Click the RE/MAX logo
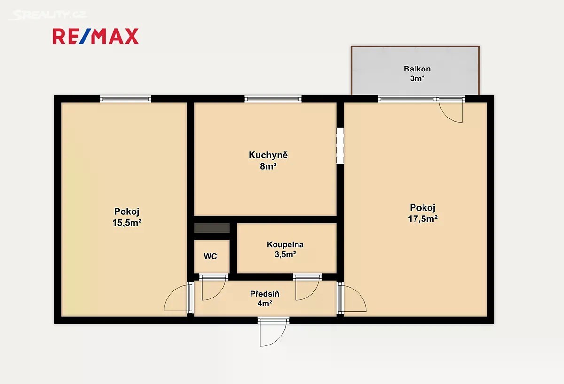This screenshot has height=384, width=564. (x=95, y=36)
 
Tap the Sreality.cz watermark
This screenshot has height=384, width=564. (x=48, y=15)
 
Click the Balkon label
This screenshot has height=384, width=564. (x=417, y=69)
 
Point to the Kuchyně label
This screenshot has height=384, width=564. (x=268, y=155)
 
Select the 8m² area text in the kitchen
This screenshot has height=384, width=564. (x=268, y=166)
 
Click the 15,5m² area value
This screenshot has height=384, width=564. (x=126, y=223)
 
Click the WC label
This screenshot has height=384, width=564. (x=210, y=256)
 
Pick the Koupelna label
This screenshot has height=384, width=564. (x=285, y=244)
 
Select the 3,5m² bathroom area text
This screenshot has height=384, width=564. (x=285, y=255)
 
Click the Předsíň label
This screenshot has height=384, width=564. (x=265, y=294)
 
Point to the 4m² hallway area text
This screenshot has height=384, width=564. (x=265, y=304)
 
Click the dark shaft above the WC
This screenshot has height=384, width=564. (x=212, y=228)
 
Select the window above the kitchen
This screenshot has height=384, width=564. (x=273, y=99)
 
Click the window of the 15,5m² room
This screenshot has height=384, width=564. (x=125, y=99)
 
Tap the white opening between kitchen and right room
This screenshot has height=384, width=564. (x=340, y=145)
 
